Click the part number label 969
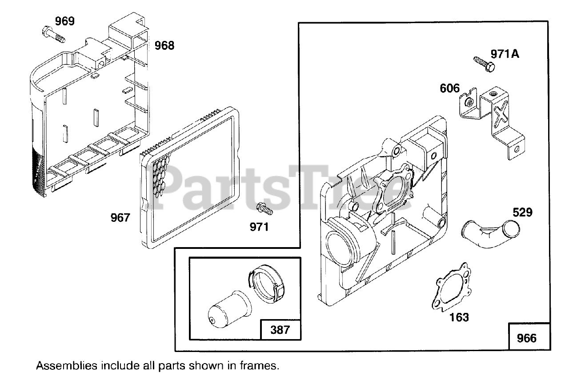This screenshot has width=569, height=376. click(65, 21)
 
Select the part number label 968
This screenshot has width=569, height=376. click(164, 45)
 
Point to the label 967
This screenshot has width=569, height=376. click(120, 218)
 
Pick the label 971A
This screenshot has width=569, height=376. click(505, 54)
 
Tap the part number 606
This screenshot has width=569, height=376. click(450, 88)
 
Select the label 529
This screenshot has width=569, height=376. click(522, 212)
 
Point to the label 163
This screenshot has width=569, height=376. click(459, 317)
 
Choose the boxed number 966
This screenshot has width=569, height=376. click(527, 338)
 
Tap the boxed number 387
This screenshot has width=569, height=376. click(280, 330)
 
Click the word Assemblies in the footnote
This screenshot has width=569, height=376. click(67, 366)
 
